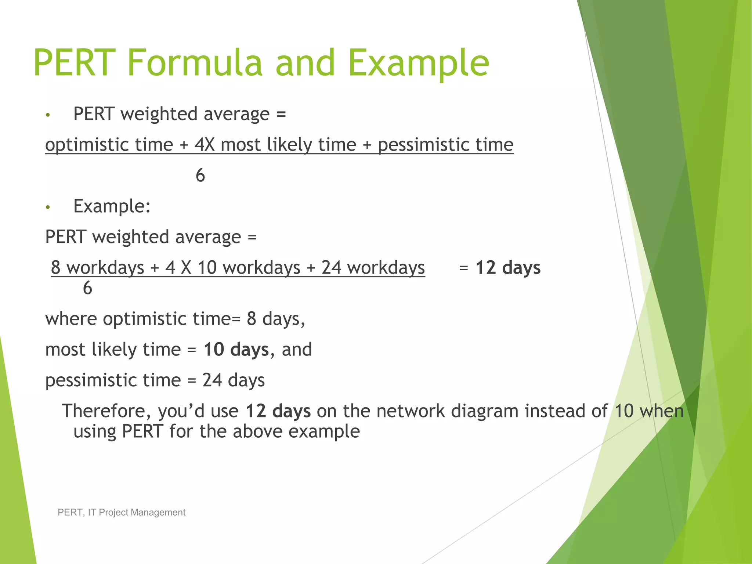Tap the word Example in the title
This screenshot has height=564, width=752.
point(419,63)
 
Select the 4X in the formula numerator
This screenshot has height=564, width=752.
point(205,144)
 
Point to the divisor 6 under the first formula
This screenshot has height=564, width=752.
point(200,176)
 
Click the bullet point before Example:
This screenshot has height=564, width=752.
point(48,207)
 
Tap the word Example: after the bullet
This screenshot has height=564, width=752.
point(112,206)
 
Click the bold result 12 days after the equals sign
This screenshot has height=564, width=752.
point(508,268)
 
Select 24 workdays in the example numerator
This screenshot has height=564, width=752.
point(373,268)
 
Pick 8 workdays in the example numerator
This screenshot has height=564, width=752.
point(98,268)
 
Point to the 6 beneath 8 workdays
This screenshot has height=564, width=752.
point(87,288)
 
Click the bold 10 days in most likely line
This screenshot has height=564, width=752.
point(236,350)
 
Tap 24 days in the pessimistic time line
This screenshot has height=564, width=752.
point(234,380)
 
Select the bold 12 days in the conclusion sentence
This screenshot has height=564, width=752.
point(278,411)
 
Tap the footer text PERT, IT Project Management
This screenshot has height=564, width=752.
point(122,512)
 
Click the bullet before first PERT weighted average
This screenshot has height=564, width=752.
point(48,115)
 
